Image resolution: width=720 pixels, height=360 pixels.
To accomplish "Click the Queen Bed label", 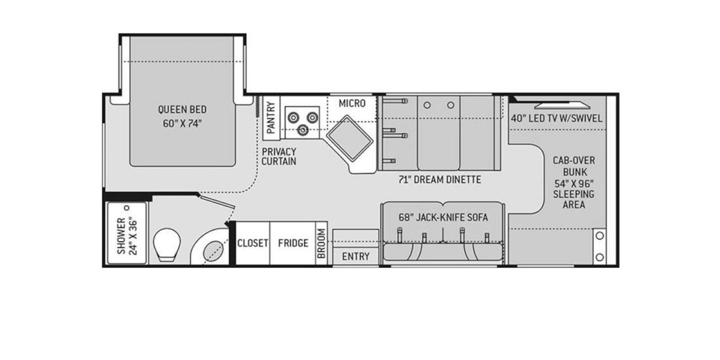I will (x=182, y=116).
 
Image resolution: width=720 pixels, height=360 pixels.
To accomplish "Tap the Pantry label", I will (x=270, y=117).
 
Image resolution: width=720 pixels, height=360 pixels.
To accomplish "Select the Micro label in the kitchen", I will (x=352, y=103).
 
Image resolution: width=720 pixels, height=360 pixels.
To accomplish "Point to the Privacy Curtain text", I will (x=279, y=157).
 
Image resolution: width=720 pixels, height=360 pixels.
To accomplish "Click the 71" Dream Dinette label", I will (x=440, y=180).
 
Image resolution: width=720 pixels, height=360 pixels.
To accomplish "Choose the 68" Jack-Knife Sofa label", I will (x=443, y=217).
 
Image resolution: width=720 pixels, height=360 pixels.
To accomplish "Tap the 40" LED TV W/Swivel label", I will (x=556, y=119).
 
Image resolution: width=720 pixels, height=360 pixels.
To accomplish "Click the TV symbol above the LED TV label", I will (x=562, y=105).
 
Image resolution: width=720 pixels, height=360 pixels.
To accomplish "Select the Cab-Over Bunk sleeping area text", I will (x=574, y=182).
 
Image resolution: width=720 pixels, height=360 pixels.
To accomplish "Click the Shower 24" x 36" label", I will (x=128, y=236).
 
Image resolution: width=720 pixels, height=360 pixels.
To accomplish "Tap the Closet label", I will (x=252, y=243).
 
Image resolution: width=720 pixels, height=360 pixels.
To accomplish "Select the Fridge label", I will (x=293, y=243).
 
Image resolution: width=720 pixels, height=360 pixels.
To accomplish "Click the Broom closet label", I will (x=321, y=244).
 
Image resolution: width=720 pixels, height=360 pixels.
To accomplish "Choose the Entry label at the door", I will (x=355, y=256).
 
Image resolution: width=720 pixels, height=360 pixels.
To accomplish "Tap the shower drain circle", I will (x=127, y=208).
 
